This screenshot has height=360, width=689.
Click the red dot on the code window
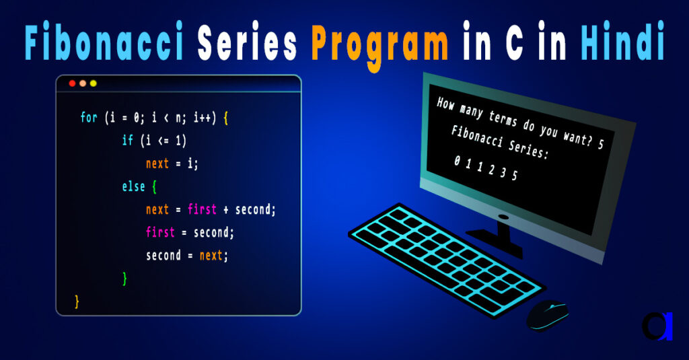(72, 83)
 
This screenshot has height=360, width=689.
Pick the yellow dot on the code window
(94, 83)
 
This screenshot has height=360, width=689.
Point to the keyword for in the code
(88, 118)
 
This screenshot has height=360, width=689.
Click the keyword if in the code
(128, 141)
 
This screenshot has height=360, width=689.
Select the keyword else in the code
(133, 186)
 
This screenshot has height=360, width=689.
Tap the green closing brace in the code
(125, 277)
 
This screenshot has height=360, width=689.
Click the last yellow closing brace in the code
(77, 300)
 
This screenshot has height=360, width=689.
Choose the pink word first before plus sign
(202, 209)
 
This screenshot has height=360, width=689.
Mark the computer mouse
(547, 315)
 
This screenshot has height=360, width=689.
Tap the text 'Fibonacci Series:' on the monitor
(499, 142)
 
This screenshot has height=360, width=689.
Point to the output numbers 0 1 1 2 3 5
(486, 168)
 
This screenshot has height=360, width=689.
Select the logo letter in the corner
(657, 326)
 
